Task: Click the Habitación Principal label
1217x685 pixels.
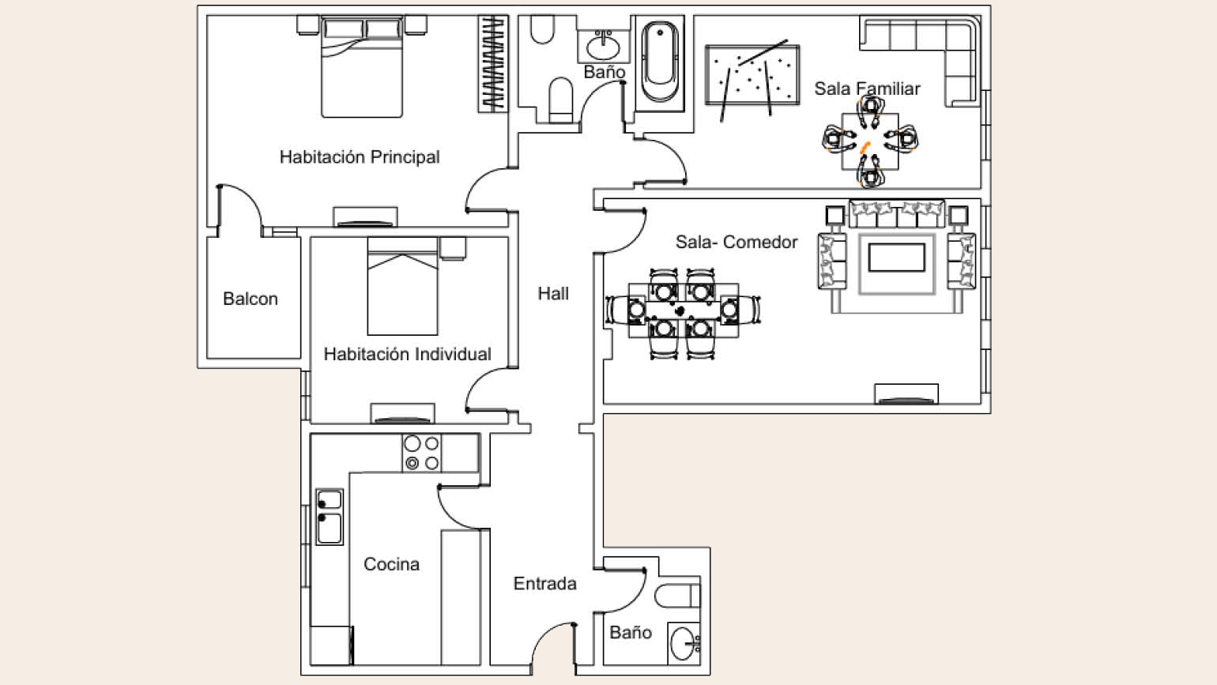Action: pyautogui.click(x=359, y=157)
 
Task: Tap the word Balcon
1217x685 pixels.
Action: pyautogui.click(x=251, y=299)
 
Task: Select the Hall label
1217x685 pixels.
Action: pyautogui.click(x=553, y=293)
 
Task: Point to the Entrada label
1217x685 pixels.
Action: pyautogui.click(x=545, y=583)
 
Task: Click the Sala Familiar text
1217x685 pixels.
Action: pyautogui.click(x=867, y=88)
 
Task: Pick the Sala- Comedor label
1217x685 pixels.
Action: pyautogui.click(x=737, y=242)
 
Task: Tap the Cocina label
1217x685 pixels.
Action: pyautogui.click(x=392, y=564)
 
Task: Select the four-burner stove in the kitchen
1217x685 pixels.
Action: pyautogui.click(x=422, y=453)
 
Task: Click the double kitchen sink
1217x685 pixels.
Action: pyautogui.click(x=330, y=517)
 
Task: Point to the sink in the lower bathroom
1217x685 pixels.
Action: pyautogui.click(x=684, y=643)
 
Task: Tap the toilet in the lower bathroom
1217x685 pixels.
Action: pyautogui.click(x=677, y=596)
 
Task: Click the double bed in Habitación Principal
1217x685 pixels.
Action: pyautogui.click(x=362, y=66)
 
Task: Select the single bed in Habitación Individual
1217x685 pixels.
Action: pyautogui.click(x=402, y=286)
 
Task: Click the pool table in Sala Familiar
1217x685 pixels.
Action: pyautogui.click(x=752, y=75)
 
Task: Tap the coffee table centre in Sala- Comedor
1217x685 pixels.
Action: pyautogui.click(x=896, y=258)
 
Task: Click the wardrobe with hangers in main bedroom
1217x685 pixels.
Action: pyautogui.click(x=493, y=64)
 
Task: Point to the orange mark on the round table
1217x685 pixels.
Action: pyautogui.click(x=865, y=147)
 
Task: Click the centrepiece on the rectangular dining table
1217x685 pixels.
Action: pyautogui.click(x=679, y=311)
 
